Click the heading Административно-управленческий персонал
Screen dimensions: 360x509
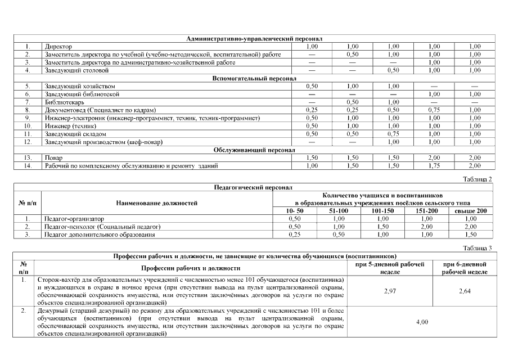point(254,39)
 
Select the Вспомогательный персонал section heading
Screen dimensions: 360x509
point(254,78)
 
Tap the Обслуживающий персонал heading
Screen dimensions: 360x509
point(254,151)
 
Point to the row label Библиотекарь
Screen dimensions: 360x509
point(62,102)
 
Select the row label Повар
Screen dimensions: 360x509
point(53,159)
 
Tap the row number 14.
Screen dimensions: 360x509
point(27,166)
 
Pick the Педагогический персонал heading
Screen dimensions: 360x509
point(254,187)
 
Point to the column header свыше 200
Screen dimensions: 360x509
point(474,210)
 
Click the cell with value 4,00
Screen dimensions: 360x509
point(422,322)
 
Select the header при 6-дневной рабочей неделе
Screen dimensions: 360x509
point(465,267)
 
